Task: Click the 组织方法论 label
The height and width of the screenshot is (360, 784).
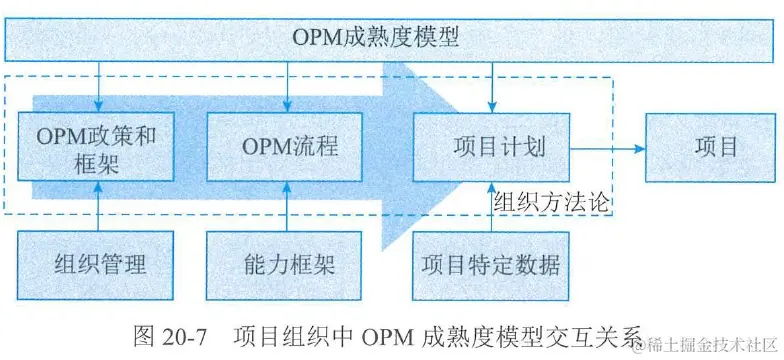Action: pos(551,200)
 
